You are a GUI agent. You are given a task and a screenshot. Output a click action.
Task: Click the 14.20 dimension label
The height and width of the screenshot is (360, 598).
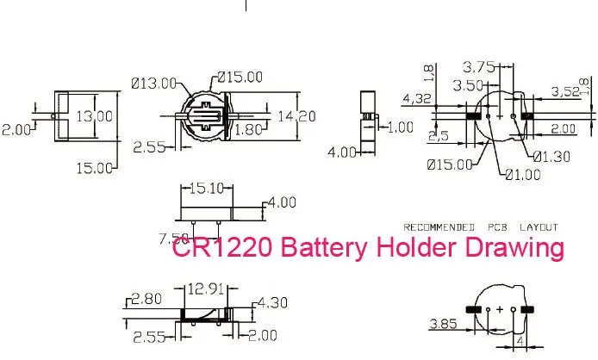(296, 116)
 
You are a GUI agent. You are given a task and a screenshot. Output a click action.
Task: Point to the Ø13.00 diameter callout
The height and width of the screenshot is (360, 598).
(154, 84)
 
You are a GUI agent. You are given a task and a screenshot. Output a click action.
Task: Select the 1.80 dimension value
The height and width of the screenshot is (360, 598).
(248, 130)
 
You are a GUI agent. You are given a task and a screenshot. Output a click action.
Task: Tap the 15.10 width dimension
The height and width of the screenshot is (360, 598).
(206, 188)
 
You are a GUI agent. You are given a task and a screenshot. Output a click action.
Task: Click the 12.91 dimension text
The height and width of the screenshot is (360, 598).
(206, 289)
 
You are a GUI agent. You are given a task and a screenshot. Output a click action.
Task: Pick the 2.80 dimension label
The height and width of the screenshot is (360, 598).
(146, 299)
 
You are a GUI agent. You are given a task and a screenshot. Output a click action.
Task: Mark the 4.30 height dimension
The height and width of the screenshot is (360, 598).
(272, 303)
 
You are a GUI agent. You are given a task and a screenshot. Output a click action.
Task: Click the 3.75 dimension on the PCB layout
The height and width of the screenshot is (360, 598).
(479, 67)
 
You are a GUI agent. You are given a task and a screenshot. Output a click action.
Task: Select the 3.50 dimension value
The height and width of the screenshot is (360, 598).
(469, 85)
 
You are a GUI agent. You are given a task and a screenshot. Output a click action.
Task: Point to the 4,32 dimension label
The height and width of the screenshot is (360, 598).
(417, 99)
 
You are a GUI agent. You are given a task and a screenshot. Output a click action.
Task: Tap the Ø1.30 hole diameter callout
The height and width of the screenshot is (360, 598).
(551, 157)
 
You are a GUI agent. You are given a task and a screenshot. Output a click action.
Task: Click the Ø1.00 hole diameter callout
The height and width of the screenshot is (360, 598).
(523, 175)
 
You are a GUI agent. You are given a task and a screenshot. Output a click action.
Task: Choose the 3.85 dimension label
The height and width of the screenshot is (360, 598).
(443, 324)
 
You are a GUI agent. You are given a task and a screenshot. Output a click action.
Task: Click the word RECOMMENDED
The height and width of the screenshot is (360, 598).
(439, 227)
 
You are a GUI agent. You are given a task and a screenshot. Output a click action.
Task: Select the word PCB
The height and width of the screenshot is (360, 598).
(498, 227)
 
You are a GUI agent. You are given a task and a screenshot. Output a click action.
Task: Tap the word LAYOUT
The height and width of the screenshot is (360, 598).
(539, 227)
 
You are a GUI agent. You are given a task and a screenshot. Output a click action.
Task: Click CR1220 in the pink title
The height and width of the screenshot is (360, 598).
(222, 246)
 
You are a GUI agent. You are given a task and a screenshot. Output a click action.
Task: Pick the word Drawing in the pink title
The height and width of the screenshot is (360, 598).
(514, 248)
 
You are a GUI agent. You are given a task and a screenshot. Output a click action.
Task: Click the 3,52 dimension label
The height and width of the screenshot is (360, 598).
(565, 91)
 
